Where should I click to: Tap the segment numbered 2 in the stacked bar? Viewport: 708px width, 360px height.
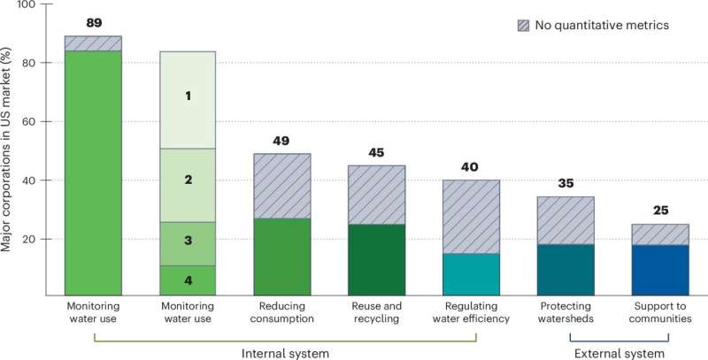pyautogui.click(x=187, y=180)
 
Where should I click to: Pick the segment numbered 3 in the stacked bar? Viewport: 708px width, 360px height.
pyautogui.click(x=187, y=241)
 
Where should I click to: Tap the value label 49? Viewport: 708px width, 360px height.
pyautogui.click(x=281, y=142)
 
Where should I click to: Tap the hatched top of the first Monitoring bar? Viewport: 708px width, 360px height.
pyautogui.click(x=92, y=43)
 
